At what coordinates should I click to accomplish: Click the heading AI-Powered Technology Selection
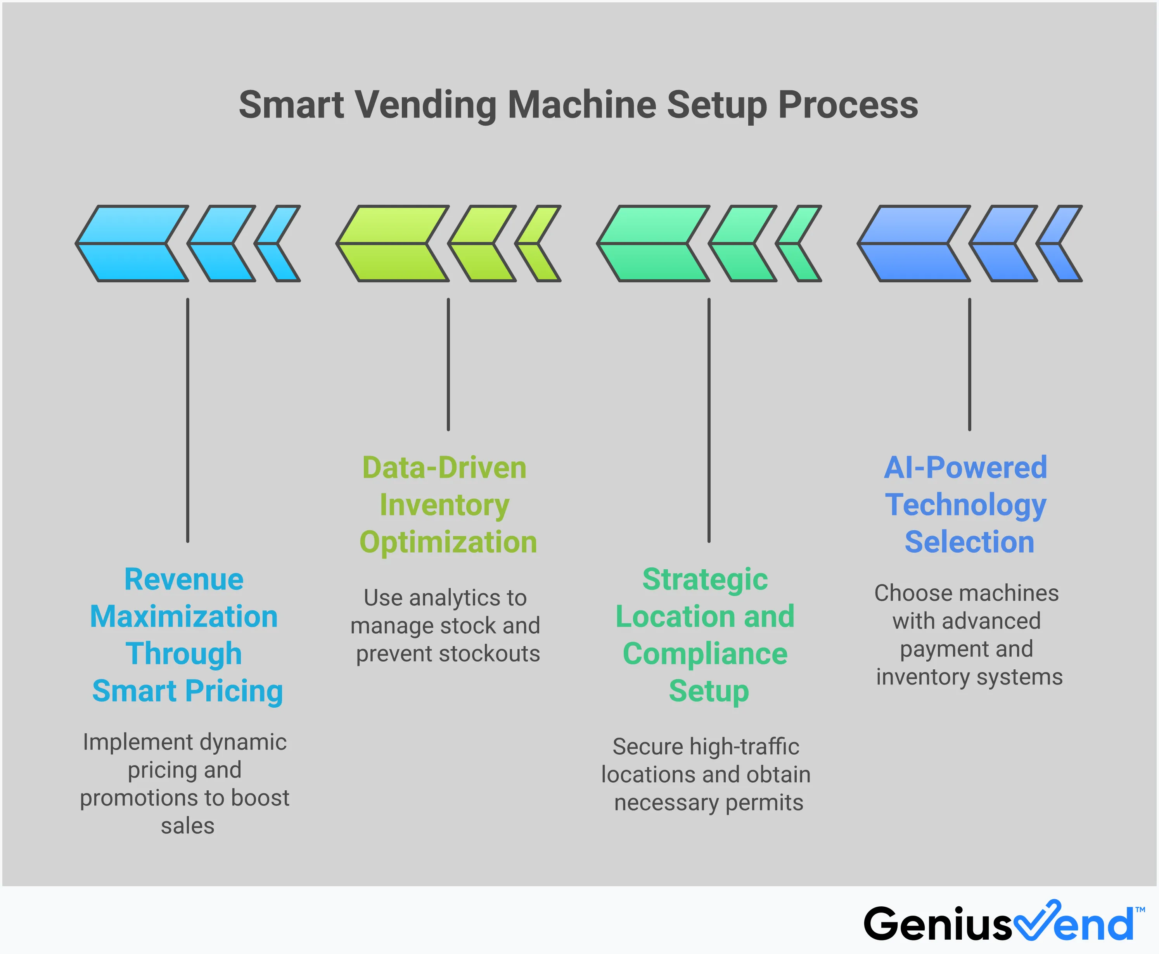pyautogui.click(x=966, y=505)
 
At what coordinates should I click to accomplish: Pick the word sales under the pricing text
pyautogui.click(x=187, y=826)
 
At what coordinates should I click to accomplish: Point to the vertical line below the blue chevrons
pyautogui.click(x=969, y=365)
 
